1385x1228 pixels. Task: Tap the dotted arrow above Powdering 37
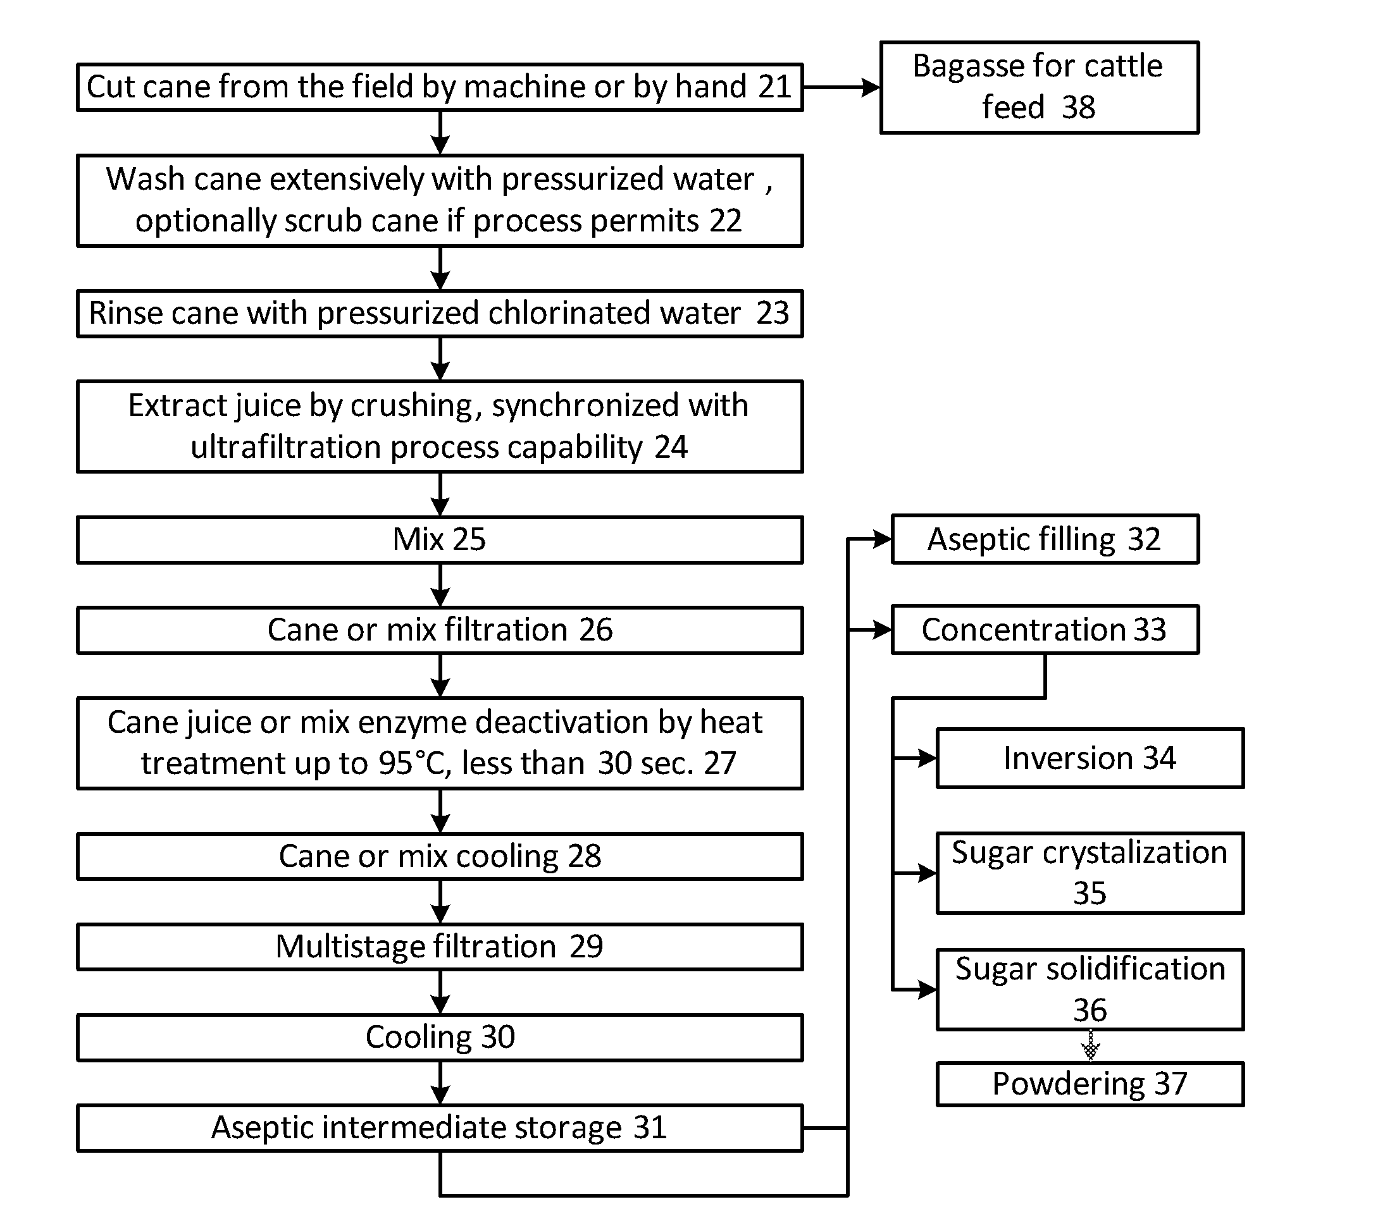(1090, 1046)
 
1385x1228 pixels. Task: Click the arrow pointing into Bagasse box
(842, 87)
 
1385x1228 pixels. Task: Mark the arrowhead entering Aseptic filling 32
(883, 539)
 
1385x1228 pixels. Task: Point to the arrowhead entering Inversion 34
(927, 758)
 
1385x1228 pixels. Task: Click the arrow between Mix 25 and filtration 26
(440, 585)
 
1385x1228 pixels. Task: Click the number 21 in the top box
(774, 87)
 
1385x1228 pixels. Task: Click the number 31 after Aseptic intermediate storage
(650, 1127)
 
